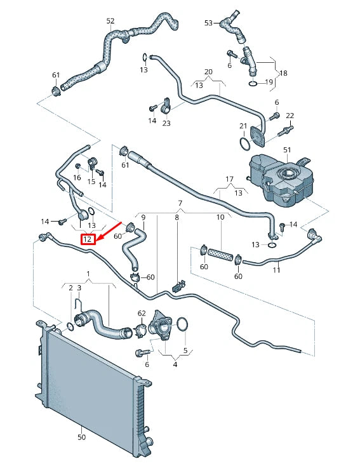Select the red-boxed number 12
click(88, 240)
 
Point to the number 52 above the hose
click(110, 21)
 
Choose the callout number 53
click(208, 23)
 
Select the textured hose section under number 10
click(220, 253)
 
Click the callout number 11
click(276, 270)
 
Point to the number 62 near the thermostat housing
click(142, 313)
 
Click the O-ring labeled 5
click(182, 324)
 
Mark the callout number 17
click(230, 179)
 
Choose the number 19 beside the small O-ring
click(269, 83)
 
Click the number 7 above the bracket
click(180, 203)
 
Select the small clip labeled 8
click(178, 288)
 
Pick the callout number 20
click(208, 71)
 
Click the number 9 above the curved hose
click(143, 218)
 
